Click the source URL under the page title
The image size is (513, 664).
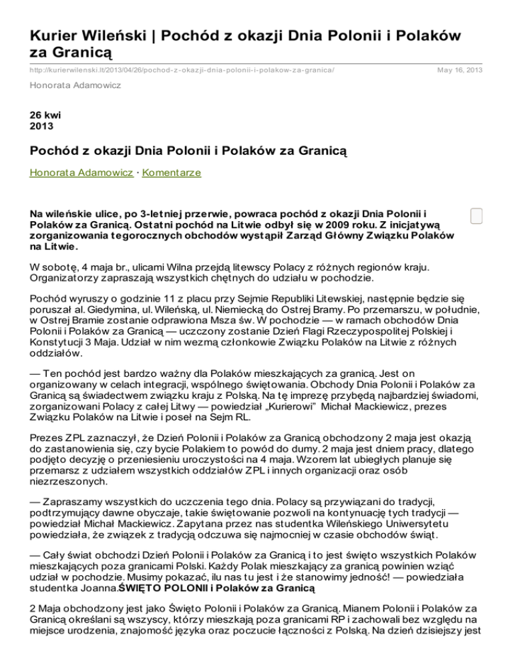coord(182,70)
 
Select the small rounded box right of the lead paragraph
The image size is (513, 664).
coord(476,216)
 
